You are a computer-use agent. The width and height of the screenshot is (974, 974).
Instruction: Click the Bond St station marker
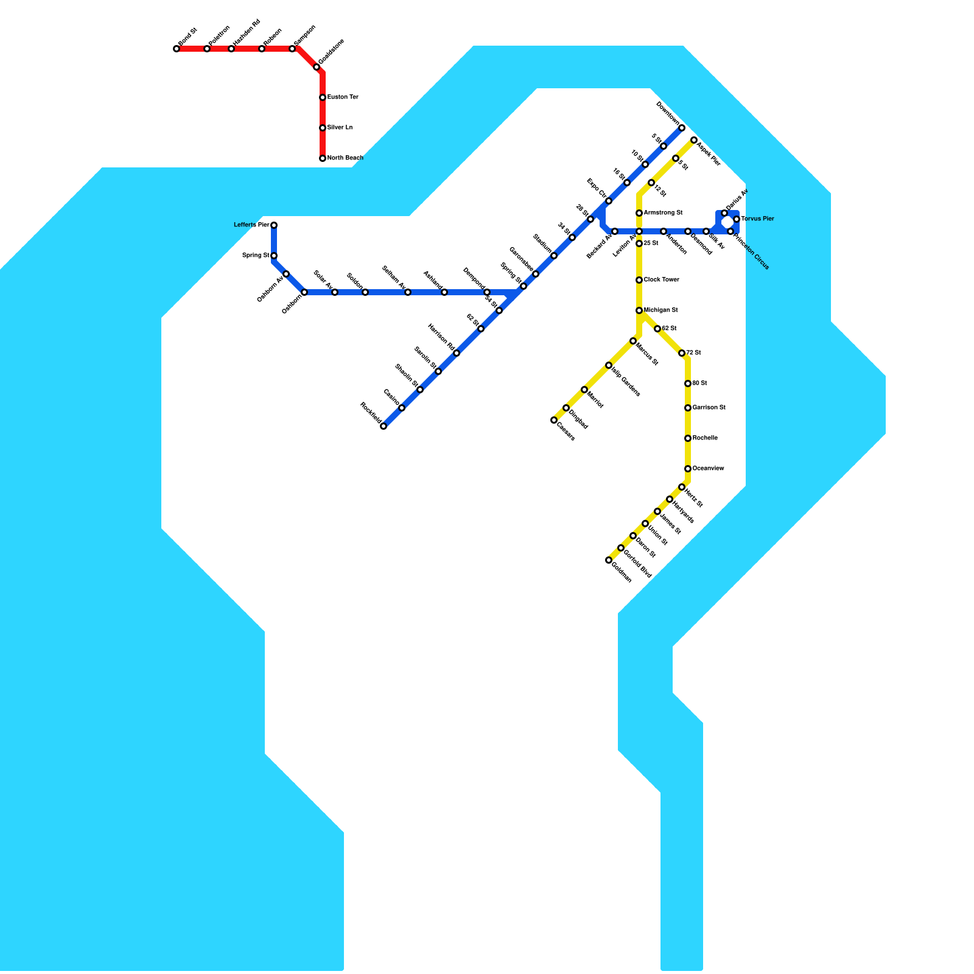click(177, 49)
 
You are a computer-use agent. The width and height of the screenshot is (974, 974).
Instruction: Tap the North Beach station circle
click(323, 158)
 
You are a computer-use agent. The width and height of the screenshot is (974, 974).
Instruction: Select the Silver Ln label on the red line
click(340, 128)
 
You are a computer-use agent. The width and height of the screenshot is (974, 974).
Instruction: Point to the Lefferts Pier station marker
click(274, 225)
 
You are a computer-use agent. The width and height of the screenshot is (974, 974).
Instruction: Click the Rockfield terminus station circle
click(384, 426)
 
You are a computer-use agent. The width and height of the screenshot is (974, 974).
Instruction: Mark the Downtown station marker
click(682, 128)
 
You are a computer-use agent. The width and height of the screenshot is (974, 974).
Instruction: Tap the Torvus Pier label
click(757, 219)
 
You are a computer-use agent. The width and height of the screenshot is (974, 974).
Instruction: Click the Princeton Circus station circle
click(730, 231)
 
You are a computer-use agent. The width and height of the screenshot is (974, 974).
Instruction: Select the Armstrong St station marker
click(639, 213)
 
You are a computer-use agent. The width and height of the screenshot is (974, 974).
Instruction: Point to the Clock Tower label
click(661, 280)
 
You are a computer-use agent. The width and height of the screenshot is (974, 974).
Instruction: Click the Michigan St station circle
click(639, 310)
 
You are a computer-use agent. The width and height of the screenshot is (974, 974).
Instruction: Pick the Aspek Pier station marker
click(694, 140)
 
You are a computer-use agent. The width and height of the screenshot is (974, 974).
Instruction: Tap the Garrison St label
click(709, 408)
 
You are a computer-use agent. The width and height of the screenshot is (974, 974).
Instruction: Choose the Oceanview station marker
click(688, 469)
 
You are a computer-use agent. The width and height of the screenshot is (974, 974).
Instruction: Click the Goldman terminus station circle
click(609, 560)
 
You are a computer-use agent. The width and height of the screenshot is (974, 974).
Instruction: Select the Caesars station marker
click(554, 420)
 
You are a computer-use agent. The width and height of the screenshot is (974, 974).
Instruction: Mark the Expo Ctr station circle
click(609, 201)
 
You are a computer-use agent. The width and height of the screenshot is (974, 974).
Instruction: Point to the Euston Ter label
click(343, 97)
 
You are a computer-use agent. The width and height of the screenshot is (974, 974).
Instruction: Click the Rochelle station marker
click(688, 438)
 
